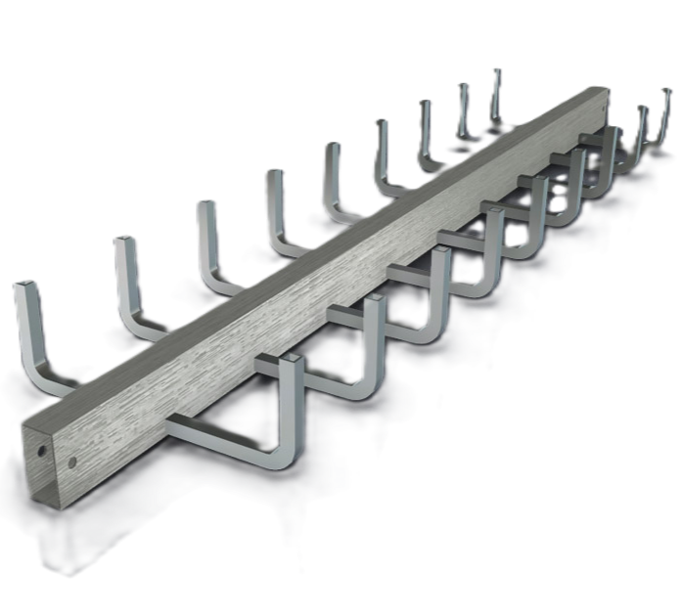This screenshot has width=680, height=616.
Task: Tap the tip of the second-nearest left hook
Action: (123, 239)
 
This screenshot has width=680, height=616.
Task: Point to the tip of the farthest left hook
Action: (496, 70)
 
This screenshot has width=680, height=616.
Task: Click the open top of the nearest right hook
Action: (289, 363)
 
